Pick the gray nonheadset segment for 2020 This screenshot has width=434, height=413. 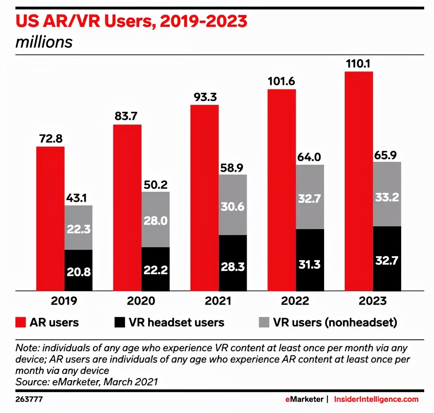click(156, 220)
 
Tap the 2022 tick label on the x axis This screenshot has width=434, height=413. click(295, 301)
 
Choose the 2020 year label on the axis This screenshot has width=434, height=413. click(141, 301)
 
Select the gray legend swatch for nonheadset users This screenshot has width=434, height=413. click(262, 322)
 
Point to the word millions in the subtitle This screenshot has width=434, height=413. click(44, 42)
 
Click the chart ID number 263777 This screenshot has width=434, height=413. click(29, 399)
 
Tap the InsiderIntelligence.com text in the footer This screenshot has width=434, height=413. click(376, 399)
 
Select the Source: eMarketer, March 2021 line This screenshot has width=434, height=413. click(87, 382)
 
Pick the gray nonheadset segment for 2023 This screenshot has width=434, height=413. click(387, 194)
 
